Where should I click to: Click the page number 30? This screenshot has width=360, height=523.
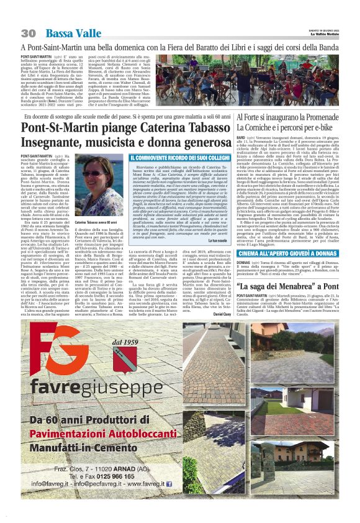coord(27,32)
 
